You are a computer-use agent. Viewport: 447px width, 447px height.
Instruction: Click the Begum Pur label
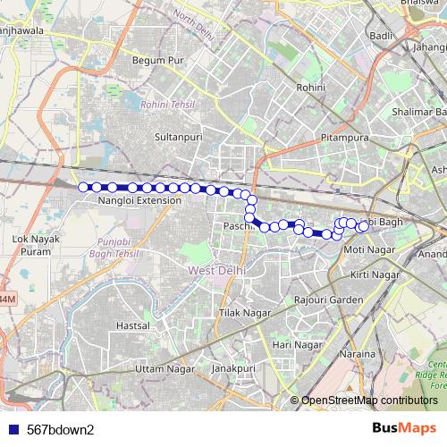point(157,60)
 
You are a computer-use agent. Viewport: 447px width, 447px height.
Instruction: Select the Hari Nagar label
point(297,344)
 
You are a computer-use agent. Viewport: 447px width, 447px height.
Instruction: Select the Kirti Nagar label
point(373,274)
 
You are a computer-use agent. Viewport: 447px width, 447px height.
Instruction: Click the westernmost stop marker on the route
point(83,187)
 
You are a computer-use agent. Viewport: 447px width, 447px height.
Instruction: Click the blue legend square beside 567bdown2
point(14,428)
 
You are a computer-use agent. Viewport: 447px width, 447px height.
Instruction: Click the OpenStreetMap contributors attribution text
point(369,401)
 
